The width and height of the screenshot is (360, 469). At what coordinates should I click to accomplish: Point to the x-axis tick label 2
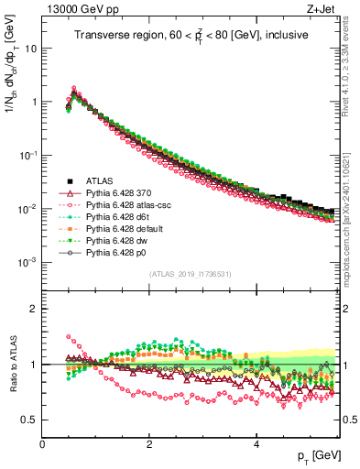(x=149, y=444)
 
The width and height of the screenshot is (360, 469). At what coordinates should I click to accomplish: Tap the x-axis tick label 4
(x=256, y=444)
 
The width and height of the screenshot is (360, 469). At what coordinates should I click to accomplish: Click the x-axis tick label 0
(x=42, y=444)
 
